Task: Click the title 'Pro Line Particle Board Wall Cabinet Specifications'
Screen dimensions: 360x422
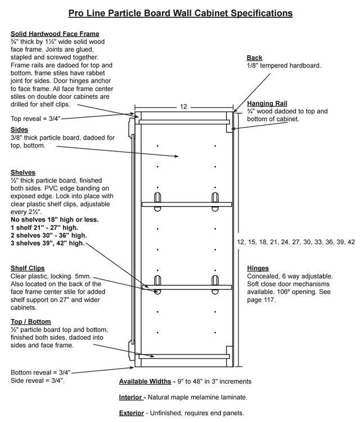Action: click(x=180, y=13)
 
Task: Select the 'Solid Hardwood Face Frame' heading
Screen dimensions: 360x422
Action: click(x=55, y=34)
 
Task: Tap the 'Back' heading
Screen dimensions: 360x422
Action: click(x=254, y=58)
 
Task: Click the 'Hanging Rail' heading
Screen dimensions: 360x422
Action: click(x=267, y=104)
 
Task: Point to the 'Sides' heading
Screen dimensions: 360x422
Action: click(x=19, y=130)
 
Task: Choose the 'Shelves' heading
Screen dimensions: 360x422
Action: click(x=23, y=173)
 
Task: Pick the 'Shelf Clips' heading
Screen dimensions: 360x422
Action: click(x=28, y=268)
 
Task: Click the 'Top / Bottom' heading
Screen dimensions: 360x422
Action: click(x=31, y=322)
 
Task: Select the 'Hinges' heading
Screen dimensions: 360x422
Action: click(x=258, y=268)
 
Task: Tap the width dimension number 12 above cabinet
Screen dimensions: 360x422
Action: click(x=183, y=107)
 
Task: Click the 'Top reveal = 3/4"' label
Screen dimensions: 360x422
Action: click(x=35, y=119)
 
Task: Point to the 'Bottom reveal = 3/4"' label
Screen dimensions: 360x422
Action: click(x=40, y=372)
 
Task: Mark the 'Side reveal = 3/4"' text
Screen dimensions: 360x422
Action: click(x=37, y=380)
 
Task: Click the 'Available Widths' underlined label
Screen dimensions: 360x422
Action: click(x=145, y=381)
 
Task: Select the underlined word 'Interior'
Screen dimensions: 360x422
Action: click(x=130, y=397)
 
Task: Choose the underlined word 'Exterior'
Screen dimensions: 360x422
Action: click(x=131, y=413)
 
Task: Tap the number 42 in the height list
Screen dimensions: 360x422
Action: click(x=351, y=242)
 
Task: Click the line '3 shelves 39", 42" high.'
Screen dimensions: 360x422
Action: click(x=48, y=243)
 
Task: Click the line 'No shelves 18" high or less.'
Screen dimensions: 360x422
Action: click(x=55, y=219)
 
